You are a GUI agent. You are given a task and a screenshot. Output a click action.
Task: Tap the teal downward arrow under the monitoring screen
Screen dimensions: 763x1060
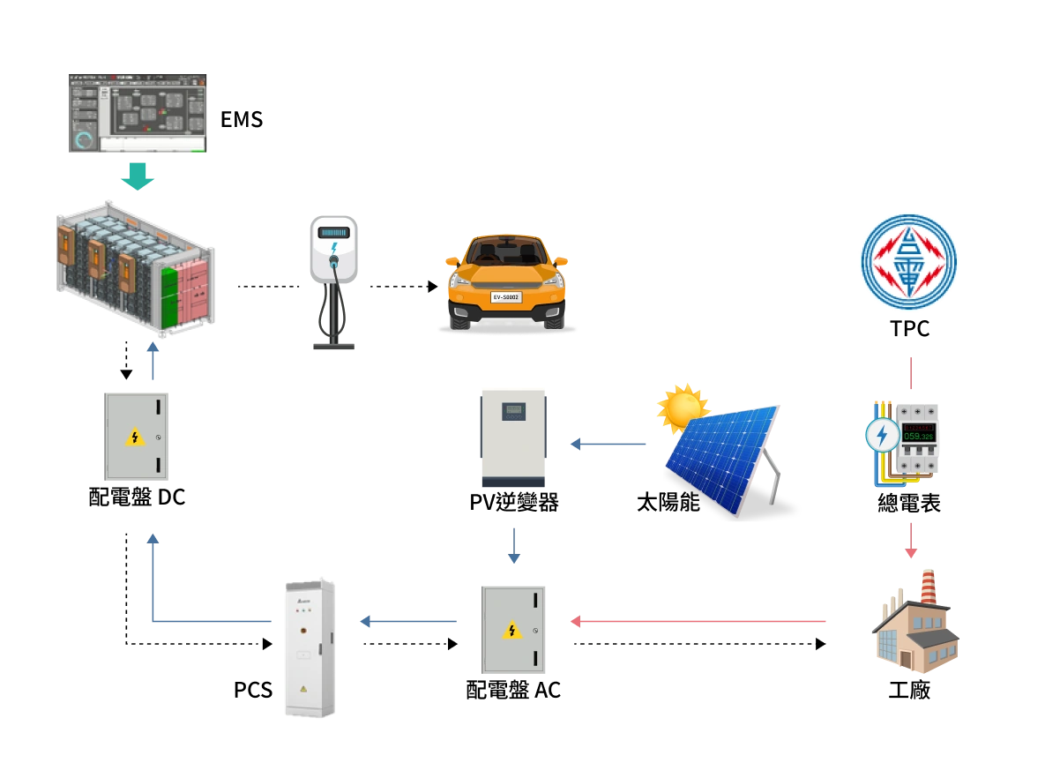point(137,176)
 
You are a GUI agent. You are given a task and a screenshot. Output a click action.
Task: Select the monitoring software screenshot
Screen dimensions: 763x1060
point(137,112)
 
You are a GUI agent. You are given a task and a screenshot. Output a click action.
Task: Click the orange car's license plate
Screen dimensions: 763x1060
point(505,297)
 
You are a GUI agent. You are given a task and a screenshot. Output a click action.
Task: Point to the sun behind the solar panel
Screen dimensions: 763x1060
point(682,408)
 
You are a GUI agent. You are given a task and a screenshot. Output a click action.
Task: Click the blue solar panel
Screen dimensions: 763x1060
point(721,459)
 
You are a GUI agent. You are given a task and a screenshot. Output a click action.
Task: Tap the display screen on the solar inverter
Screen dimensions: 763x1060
point(513,410)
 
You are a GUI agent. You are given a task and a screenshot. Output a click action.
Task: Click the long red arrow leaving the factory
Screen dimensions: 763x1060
point(698,621)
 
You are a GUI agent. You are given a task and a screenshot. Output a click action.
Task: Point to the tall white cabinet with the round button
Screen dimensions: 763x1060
point(310,647)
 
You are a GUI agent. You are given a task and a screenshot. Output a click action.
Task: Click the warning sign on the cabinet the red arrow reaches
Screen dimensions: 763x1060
point(511,630)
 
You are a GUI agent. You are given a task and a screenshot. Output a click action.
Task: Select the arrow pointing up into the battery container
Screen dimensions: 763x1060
point(152,362)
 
